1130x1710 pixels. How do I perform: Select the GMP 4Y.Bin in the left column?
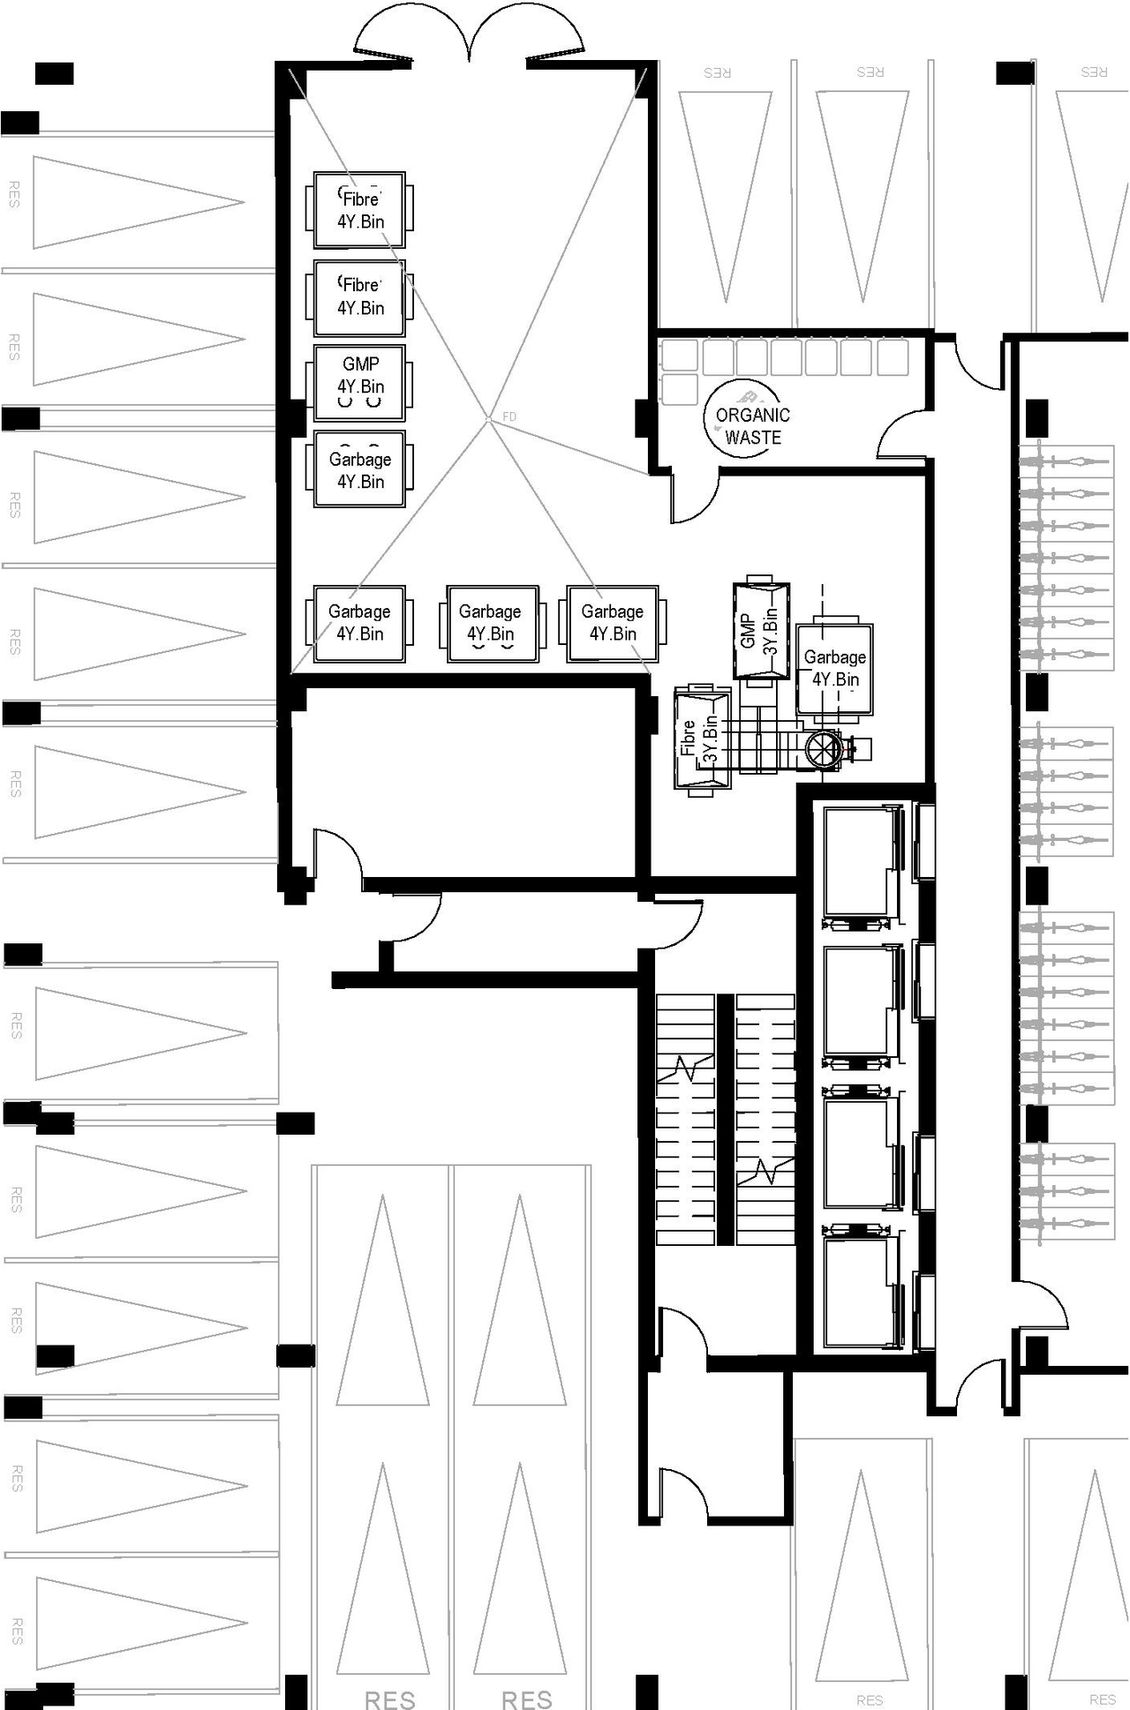(360, 382)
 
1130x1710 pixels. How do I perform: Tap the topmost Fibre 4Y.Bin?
(360, 210)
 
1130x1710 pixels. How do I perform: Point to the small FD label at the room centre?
(509, 416)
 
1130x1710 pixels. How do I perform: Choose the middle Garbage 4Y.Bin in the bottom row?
(491, 623)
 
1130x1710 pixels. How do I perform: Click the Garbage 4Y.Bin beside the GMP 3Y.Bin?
(834, 670)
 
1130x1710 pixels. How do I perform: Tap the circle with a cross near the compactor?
(823, 751)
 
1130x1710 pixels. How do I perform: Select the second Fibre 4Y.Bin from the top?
(360, 297)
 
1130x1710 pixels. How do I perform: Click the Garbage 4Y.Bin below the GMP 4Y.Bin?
(360, 469)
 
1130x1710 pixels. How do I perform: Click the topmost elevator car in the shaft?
(858, 862)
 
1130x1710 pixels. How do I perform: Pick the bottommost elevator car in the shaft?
(858, 1292)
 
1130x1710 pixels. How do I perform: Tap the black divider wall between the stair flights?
(725, 1119)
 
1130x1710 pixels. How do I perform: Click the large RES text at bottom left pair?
(389, 1699)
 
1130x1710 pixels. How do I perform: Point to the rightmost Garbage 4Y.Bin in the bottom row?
(613, 623)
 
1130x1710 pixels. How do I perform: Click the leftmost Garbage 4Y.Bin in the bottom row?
(359, 623)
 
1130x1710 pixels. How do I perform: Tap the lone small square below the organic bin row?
(680, 389)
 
